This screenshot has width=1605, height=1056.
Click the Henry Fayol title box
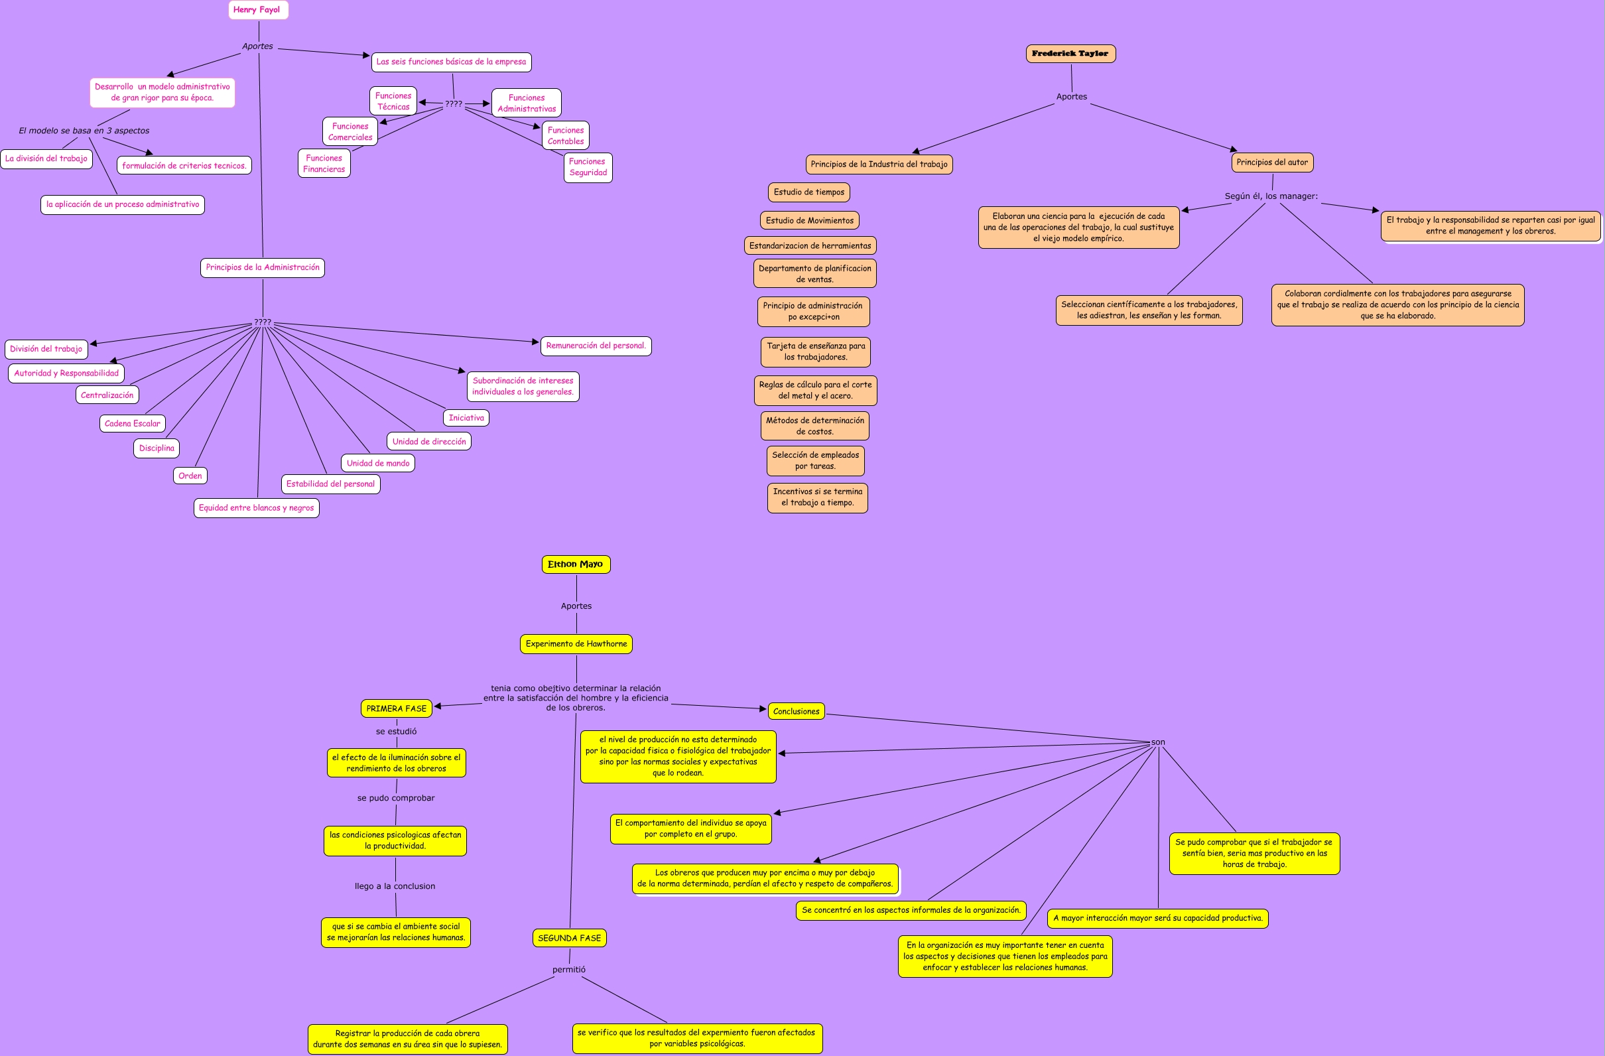click(x=257, y=10)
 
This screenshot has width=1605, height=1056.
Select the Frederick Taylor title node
click(x=1070, y=54)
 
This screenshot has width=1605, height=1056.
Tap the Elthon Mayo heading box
click(x=575, y=564)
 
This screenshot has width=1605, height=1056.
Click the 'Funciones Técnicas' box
click(x=393, y=101)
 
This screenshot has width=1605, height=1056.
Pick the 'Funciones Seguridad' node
click(x=588, y=167)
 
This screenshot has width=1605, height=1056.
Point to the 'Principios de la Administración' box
click(x=263, y=268)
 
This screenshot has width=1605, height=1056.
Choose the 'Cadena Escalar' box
click(x=132, y=423)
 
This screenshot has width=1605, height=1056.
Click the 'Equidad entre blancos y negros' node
click(x=256, y=508)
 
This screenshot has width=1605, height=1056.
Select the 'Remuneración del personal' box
click(x=596, y=346)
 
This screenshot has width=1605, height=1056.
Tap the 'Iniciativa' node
click(x=466, y=418)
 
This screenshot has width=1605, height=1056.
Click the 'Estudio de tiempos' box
click(x=808, y=192)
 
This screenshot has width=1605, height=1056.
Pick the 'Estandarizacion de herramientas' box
click(x=810, y=245)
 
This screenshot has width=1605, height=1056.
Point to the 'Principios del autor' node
click(x=1271, y=163)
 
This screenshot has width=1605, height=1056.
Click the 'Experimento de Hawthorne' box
click(x=576, y=644)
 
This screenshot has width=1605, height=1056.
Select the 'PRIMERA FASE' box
click(x=396, y=708)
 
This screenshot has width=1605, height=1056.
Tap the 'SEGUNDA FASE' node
click(x=569, y=938)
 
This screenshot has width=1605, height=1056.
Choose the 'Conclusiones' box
click(x=796, y=712)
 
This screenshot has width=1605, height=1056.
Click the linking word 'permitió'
click(x=568, y=970)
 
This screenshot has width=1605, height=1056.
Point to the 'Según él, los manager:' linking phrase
click(x=1271, y=196)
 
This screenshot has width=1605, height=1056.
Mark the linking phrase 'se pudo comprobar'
click(x=396, y=798)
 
